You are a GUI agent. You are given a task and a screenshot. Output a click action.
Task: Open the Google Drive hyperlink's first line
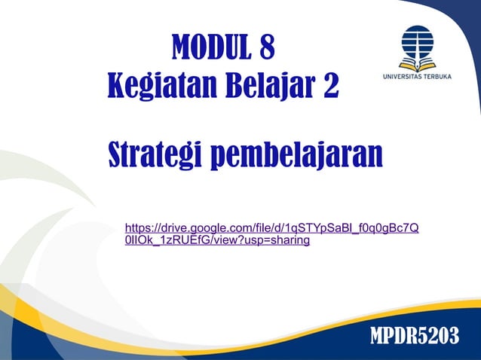271,227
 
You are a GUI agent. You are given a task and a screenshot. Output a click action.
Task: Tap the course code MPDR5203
414,337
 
